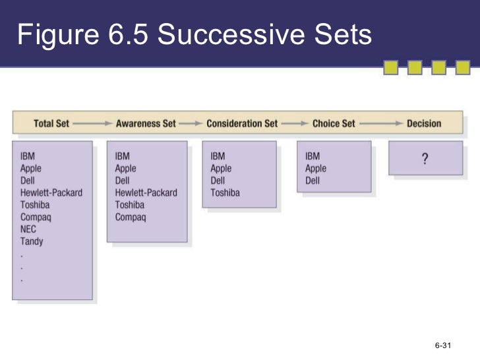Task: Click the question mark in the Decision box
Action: coord(425,159)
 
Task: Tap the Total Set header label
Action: coord(51,123)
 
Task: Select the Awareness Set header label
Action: coord(146,123)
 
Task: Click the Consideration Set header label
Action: coord(242,123)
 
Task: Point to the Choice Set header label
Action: coord(334,123)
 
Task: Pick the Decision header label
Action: coord(424,123)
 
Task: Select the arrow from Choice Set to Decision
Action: coord(380,123)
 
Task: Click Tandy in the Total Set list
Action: coord(32,241)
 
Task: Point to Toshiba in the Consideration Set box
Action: coord(225,193)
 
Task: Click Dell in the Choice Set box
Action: coord(313,181)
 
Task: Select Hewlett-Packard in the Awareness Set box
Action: coord(146,193)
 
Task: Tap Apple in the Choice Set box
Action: coord(316,169)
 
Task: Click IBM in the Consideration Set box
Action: coord(218,156)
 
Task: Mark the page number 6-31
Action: coord(442,345)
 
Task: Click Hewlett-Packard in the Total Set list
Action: coord(51,193)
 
